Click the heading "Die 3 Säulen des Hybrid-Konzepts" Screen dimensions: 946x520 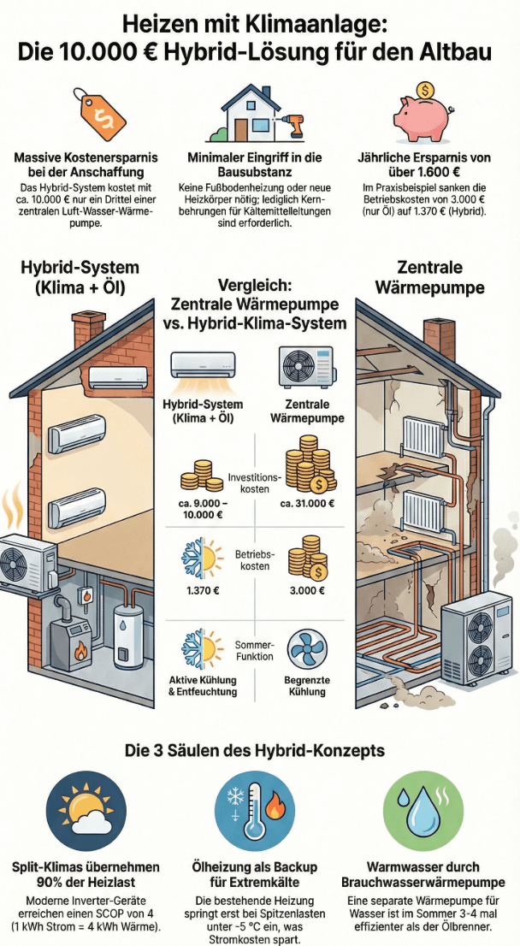pyautogui.click(x=259, y=751)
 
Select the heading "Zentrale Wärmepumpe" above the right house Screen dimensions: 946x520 pyautogui.click(x=441, y=277)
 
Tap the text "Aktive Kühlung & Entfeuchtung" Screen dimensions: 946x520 pyautogui.click(x=203, y=685)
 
